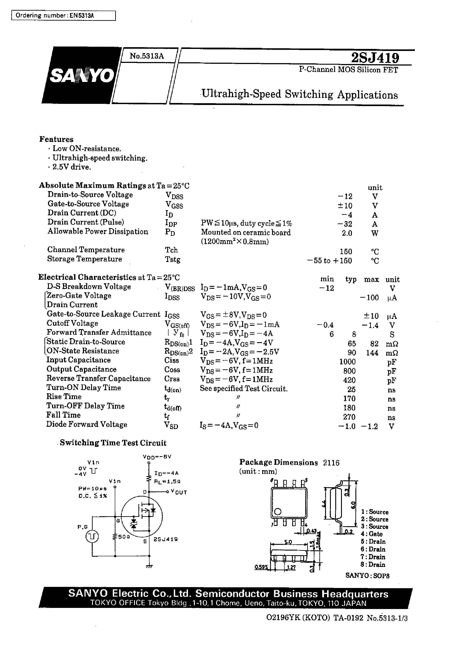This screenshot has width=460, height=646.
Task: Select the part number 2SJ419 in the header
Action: point(375,58)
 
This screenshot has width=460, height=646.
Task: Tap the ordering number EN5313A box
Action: point(63,16)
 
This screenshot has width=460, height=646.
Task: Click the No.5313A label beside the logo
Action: point(147,56)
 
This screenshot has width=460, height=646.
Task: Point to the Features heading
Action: point(56,139)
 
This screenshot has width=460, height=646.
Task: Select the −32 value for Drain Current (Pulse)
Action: point(345,224)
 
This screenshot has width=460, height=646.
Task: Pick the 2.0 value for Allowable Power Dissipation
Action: point(347,233)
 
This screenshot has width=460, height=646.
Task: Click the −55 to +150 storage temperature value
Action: point(330,261)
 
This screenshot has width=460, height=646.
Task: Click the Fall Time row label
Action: point(64,415)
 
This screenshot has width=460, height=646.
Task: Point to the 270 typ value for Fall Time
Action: point(349,417)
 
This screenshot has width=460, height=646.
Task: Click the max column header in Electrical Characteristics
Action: point(371,279)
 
